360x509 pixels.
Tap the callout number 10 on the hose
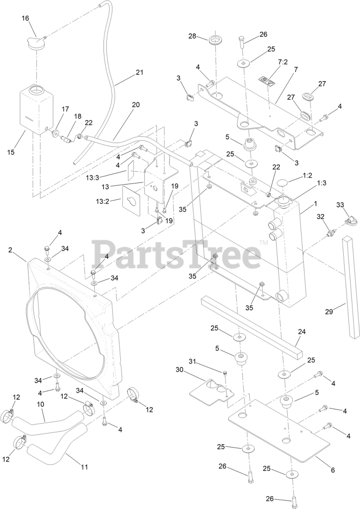click(x=40, y=404)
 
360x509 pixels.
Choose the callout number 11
click(x=84, y=467)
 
